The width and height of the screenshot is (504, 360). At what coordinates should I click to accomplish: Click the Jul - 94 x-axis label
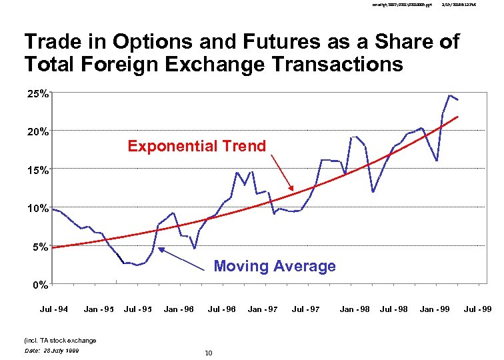coord(54,309)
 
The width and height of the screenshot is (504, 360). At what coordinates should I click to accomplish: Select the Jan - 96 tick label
coord(179,309)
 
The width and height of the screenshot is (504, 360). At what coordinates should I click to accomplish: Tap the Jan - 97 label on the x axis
coord(263,309)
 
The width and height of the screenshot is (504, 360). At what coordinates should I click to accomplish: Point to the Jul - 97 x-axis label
coord(305,309)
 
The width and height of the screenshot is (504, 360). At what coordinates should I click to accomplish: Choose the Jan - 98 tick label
coord(355,309)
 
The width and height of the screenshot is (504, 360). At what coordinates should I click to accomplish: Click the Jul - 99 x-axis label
coord(477,309)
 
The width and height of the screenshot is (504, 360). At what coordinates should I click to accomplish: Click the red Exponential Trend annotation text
coord(197,146)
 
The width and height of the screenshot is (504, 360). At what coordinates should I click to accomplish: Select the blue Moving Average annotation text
coord(275,266)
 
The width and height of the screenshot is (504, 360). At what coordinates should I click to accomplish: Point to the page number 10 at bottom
coord(209,353)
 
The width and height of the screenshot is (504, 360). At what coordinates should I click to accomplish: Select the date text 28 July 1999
coord(51,350)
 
